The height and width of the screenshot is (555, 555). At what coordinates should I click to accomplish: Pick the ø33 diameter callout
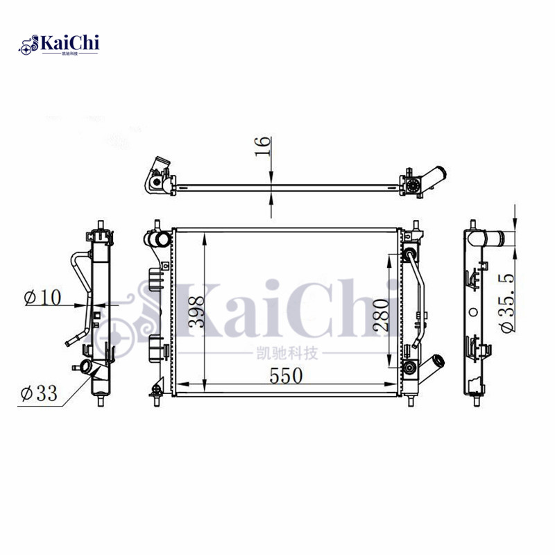click(x=38, y=393)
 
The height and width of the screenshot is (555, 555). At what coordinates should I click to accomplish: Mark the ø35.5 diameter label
click(x=507, y=303)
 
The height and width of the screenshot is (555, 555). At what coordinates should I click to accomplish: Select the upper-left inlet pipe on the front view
click(x=157, y=240)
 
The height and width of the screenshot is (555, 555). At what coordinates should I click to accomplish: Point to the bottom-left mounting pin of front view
click(x=155, y=397)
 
